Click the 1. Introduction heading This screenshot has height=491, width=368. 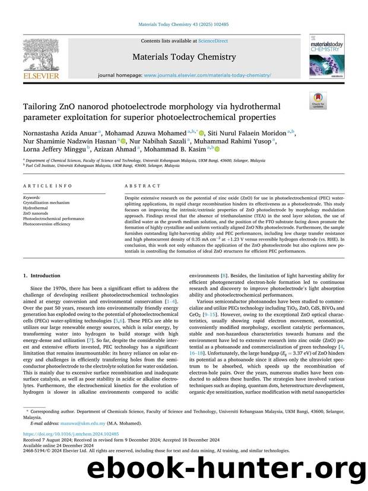(x=42, y=275)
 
